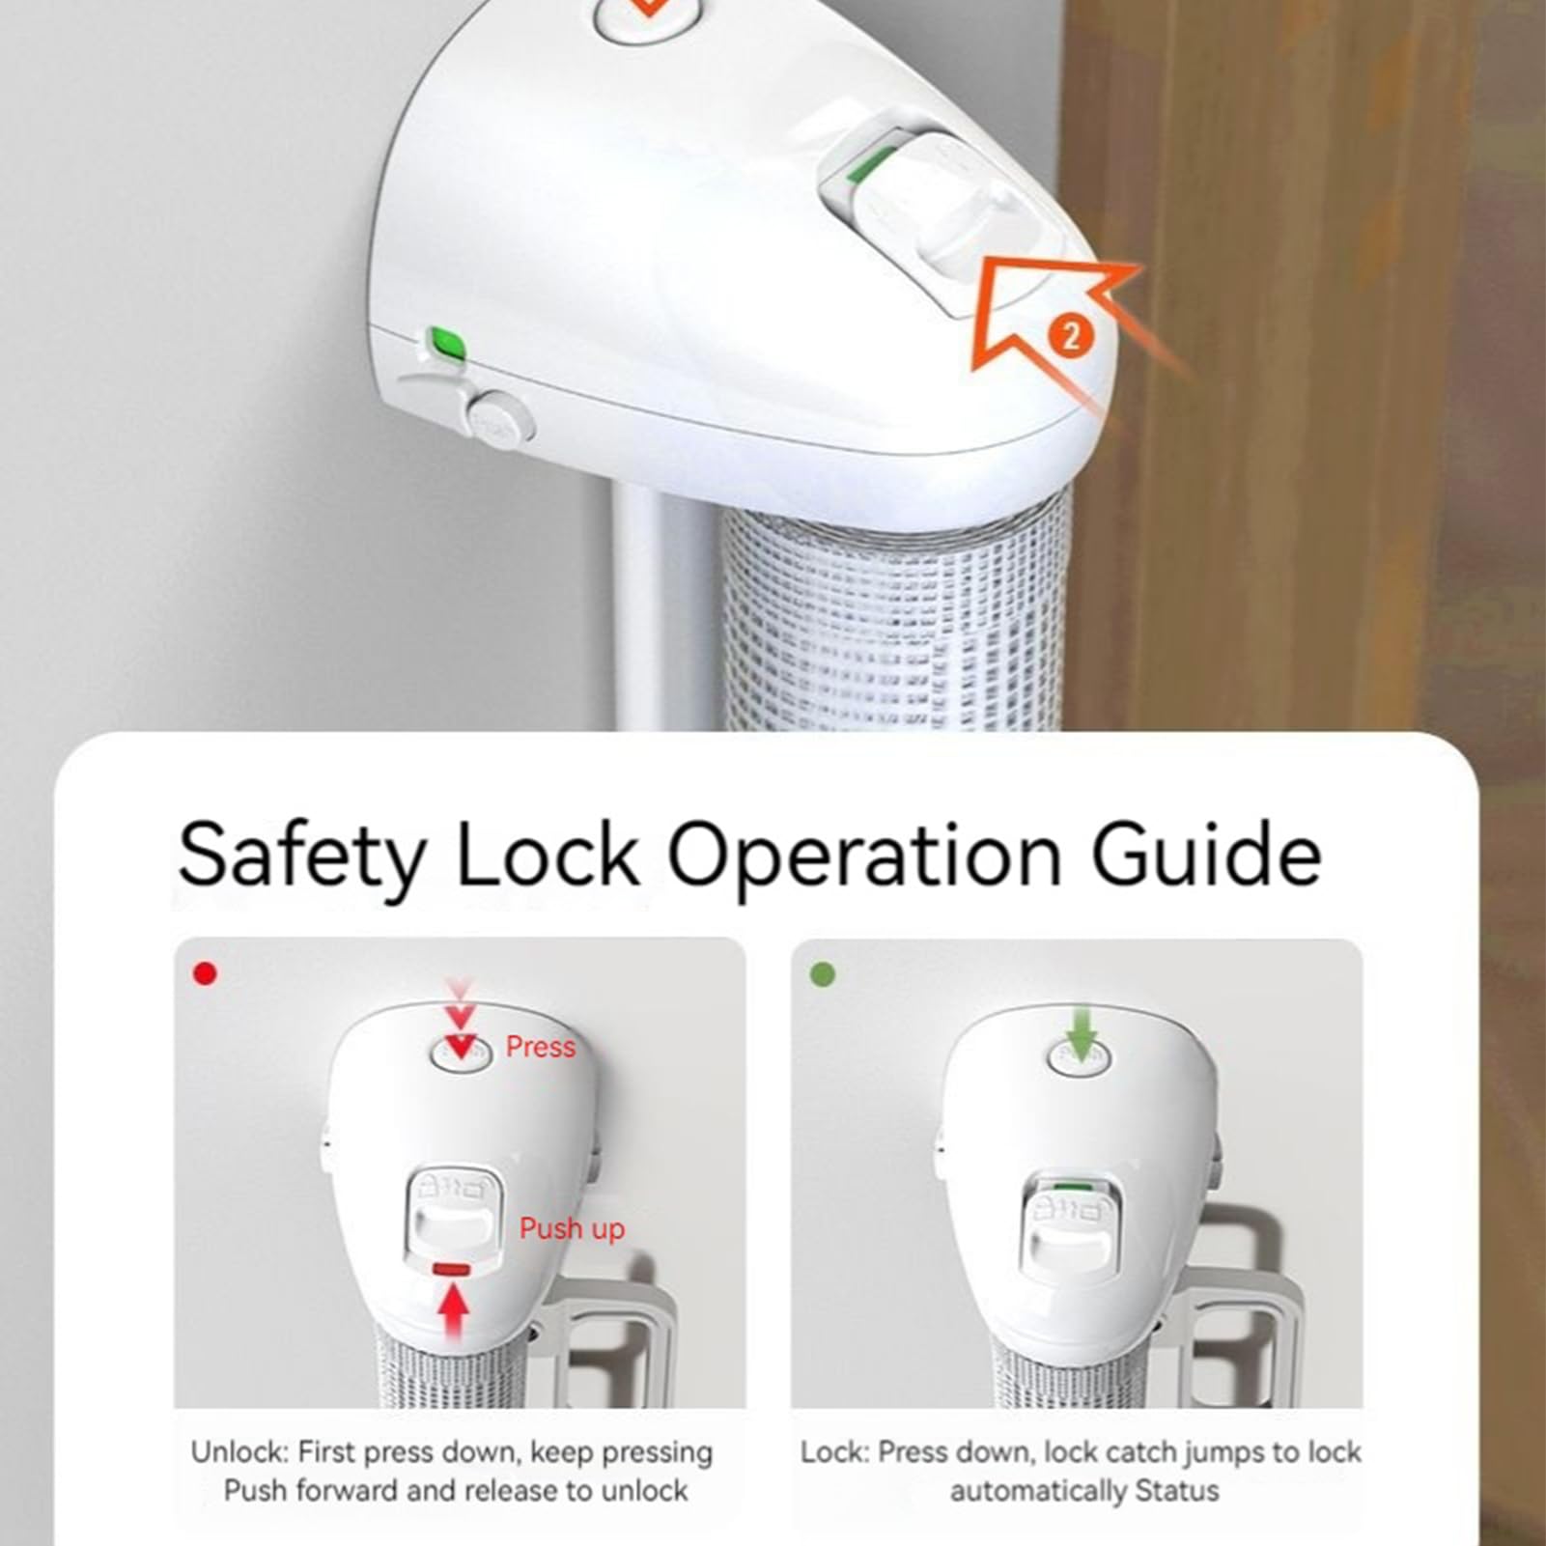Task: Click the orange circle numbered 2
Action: pos(1070,336)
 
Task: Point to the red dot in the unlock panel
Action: pos(205,973)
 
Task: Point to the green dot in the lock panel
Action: pos(822,974)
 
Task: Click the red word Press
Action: pos(540,1047)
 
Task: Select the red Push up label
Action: pos(572,1228)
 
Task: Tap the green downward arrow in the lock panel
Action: pos(1081,1032)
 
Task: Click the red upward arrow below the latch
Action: pos(454,1312)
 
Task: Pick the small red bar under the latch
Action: pos(452,1270)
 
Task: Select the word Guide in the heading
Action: pos(1206,852)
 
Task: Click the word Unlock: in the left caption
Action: pos(239,1452)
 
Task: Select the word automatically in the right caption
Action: pos(1038,1492)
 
